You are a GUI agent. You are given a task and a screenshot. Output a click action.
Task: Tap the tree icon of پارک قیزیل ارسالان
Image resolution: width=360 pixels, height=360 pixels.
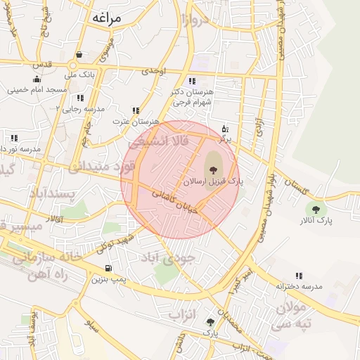[212, 169]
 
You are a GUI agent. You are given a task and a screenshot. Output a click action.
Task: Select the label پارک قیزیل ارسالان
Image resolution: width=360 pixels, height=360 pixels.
[212, 181]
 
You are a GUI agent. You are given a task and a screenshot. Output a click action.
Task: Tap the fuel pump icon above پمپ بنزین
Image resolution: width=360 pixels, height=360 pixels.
[108, 268]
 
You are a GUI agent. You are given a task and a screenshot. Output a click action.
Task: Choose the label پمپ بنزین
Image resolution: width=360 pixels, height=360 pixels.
[108, 279]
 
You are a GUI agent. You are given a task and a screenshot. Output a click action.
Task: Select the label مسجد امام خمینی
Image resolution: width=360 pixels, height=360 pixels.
[37, 90]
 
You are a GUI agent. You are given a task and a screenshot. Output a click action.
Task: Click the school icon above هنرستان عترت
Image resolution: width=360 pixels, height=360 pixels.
[136, 110]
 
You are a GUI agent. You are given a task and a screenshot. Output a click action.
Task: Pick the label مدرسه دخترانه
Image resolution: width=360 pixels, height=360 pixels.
[299, 287]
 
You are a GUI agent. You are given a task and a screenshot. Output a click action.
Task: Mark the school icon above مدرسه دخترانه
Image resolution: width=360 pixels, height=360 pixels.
[299, 276]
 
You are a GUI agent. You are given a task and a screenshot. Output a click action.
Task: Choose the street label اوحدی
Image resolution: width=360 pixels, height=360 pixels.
[153, 71]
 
